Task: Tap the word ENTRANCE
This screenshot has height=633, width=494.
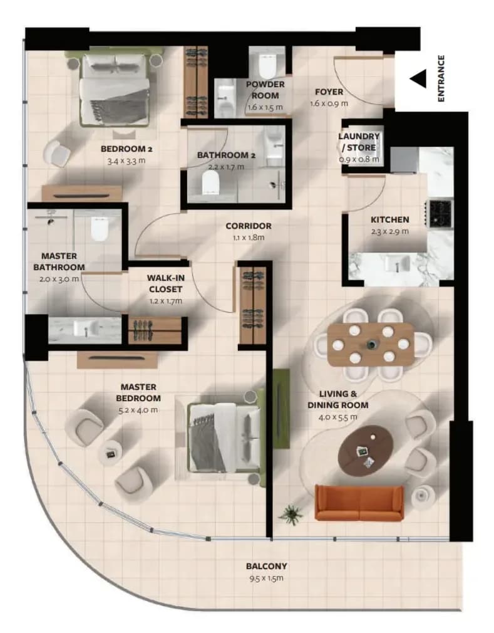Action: pyautogui.click(x=441, y=79)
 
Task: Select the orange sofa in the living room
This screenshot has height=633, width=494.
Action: pyautogui.click(x=359, y=503)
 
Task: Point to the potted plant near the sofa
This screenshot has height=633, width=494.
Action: pyautogui.click(x=291, y=514)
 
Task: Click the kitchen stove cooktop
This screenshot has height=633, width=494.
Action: pyautogui.click(x=441, y=212)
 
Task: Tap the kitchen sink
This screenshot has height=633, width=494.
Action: pyautogui.click(x=397, y=264)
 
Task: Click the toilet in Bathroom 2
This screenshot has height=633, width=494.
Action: pyautogui.click(x=210, y=182)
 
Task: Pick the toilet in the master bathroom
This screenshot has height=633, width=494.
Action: pyautogui.click(x=100, y=229)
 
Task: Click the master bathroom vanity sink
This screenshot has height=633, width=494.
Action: pyautogui.click(x=86, y=328)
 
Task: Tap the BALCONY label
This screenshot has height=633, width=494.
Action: pyautogui.click(x=267, y=567)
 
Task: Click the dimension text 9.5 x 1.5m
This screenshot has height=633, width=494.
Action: pyautogui.click(x=266, y=578)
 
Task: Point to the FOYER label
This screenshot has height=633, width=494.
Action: pyautogui.click(x=329, y=92)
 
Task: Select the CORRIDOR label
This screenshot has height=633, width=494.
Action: pyautogui.click(x=249, y=226)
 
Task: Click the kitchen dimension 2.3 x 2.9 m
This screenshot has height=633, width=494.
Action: pyautogui.click(x=389, y=232)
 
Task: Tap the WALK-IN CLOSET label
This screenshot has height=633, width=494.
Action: pyautogui.click(x=166, y=283)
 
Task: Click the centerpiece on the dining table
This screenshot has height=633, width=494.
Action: pyautogui.click(x=371, y=345)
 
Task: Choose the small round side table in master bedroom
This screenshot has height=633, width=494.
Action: pyautogui.click(x=110, y=453)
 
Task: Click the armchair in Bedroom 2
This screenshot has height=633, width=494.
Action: pyautogui.click(x=57, y=154)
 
